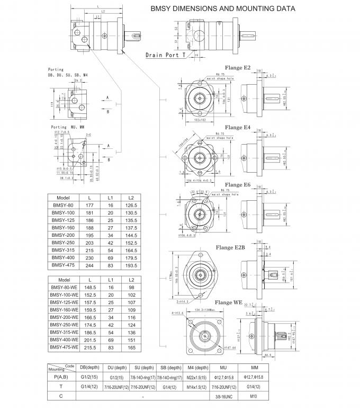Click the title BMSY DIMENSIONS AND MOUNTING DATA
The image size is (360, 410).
pyautogui.click(x=223, y=9)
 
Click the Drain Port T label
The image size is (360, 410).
pyautogui.click(x=165, y=55)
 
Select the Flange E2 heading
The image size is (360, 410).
pyautogui.click(x=238, y=68)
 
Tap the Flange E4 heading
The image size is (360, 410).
pyautogui.click(x=238, y=128)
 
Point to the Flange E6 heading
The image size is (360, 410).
pyautogui.click(x=238, y=184)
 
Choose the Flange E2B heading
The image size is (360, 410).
pyautogui.click(x=230, y=247)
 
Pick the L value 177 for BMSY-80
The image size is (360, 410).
pyautogui.click(x=89, y=204)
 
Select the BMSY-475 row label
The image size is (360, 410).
pyautogui.click(x=64, y=265)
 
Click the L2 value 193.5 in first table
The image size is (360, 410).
pyautogui.click(x=131, y=265)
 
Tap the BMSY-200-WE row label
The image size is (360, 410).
pyautogui.click(x=64, y=316)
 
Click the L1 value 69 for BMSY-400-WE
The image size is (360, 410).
pyautogui.click(x=112, y=339)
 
